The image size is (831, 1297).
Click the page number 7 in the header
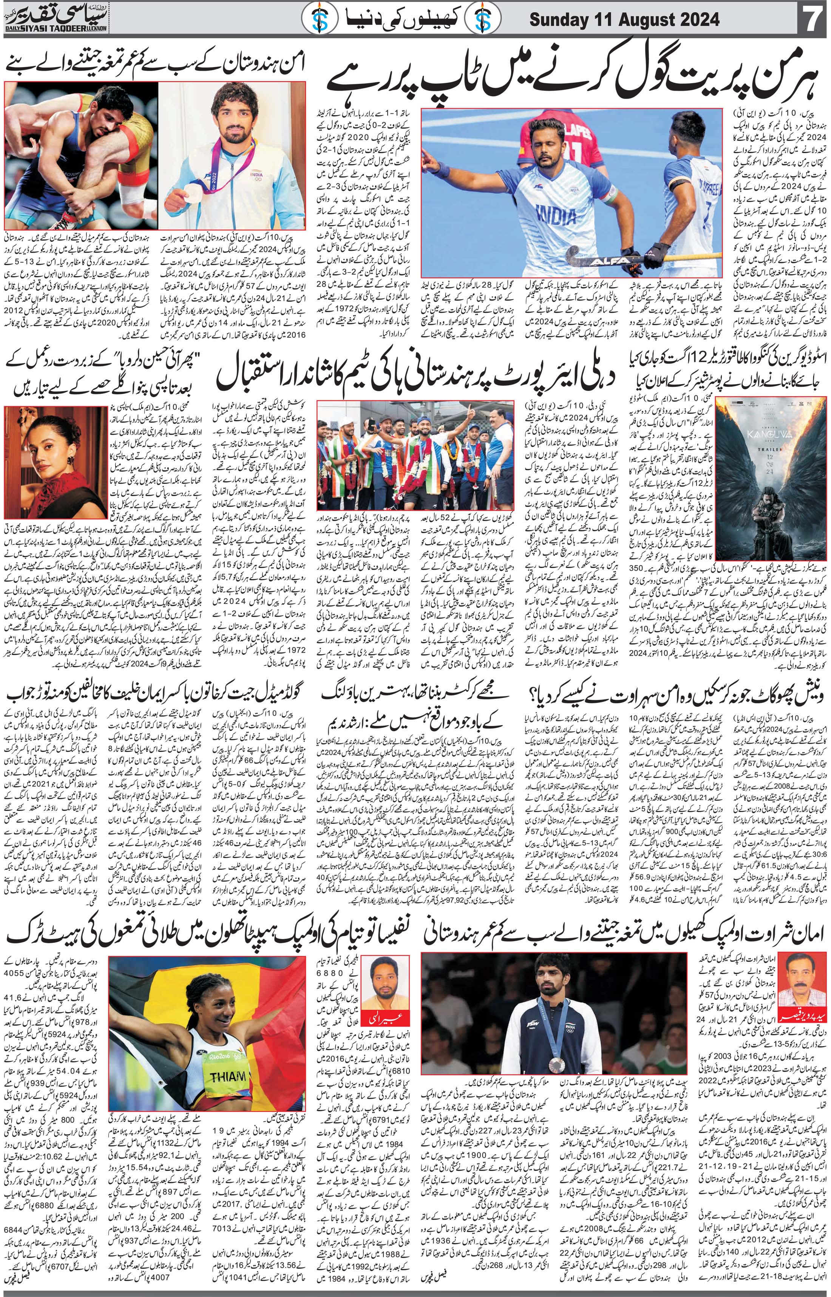[813, 22]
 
